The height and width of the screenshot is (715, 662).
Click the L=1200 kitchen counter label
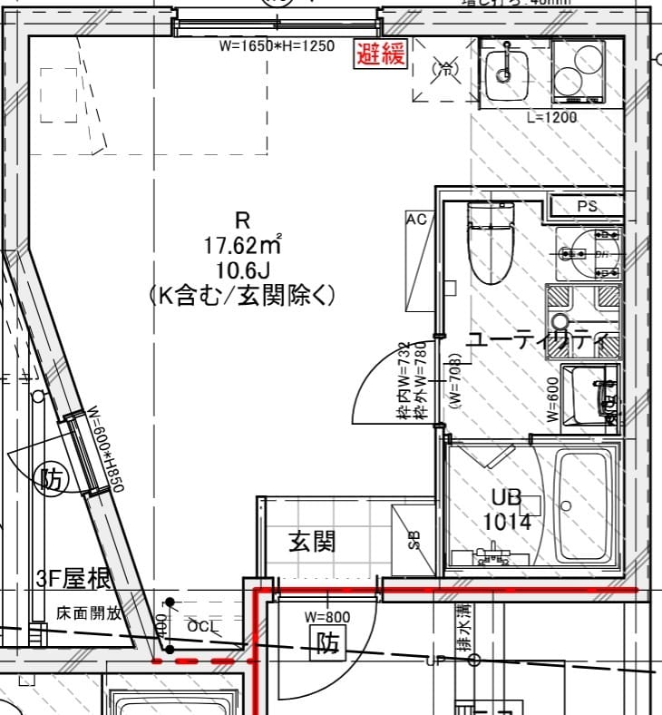[550, 116]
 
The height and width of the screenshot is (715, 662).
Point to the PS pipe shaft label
[587, 207]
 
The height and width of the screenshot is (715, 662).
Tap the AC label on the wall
[416, 220]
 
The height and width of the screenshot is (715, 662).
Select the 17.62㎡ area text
[242, 245]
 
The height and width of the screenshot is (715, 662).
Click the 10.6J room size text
[242, 269]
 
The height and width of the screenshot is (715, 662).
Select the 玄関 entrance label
[312, 543]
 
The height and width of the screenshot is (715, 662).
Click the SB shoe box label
[414, 542]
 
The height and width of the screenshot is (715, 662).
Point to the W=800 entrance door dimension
[326, 617]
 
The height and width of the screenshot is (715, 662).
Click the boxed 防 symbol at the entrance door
[326, 644]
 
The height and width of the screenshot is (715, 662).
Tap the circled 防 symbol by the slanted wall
[51, 480]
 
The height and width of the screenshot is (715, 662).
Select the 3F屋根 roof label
[73, 579]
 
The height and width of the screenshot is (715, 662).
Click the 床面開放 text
[88, 612]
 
